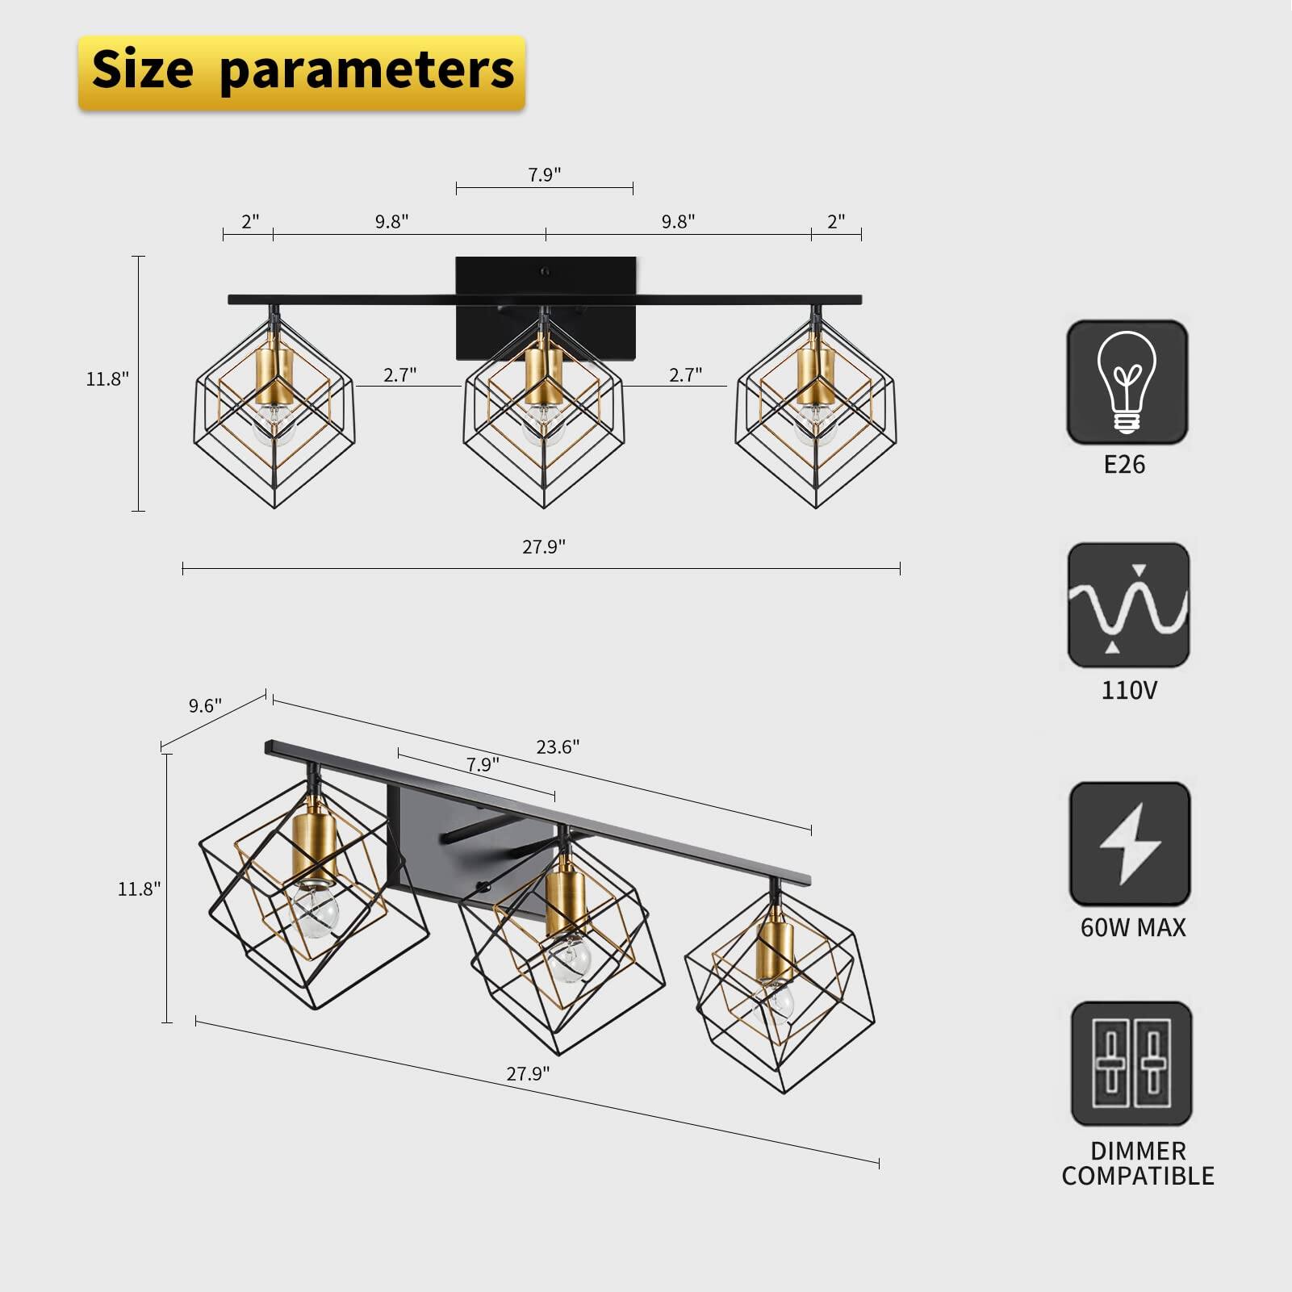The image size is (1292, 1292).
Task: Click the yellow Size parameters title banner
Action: tap(302, 71)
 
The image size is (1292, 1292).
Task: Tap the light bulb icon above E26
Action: tap(1127, 383)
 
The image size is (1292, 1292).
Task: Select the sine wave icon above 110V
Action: tap(1128, 605)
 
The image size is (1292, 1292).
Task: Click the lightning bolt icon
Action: tap(1130, 844)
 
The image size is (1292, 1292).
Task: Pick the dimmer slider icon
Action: tap(1131, 1064)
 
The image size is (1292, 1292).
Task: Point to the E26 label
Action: tap(1124, 465)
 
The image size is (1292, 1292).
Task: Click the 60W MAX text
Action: tap(1133, 928)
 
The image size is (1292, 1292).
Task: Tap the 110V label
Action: tap(1129, 691)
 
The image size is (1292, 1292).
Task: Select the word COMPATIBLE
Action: tap(1138, 1177)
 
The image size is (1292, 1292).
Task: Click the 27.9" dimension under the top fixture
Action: tap(543, 547)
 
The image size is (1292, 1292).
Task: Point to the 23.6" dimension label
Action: tap(558, 747)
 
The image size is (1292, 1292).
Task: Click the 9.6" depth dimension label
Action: tap(205, 706)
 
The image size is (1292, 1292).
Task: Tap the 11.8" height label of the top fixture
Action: tap(107, 379)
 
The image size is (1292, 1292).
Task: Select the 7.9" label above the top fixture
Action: tap(545, 175)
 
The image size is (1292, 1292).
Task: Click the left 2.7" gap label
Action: tap(399, 375)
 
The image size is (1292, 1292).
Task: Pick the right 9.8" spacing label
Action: tap(678, 222)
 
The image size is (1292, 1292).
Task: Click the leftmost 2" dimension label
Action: tap(250, 222)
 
